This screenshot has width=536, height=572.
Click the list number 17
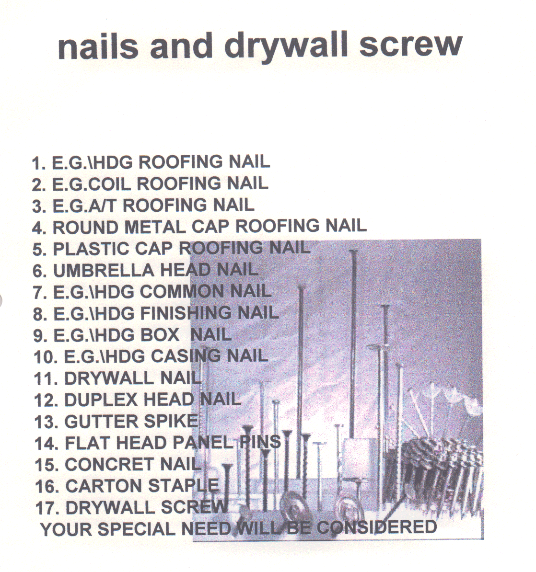47,508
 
